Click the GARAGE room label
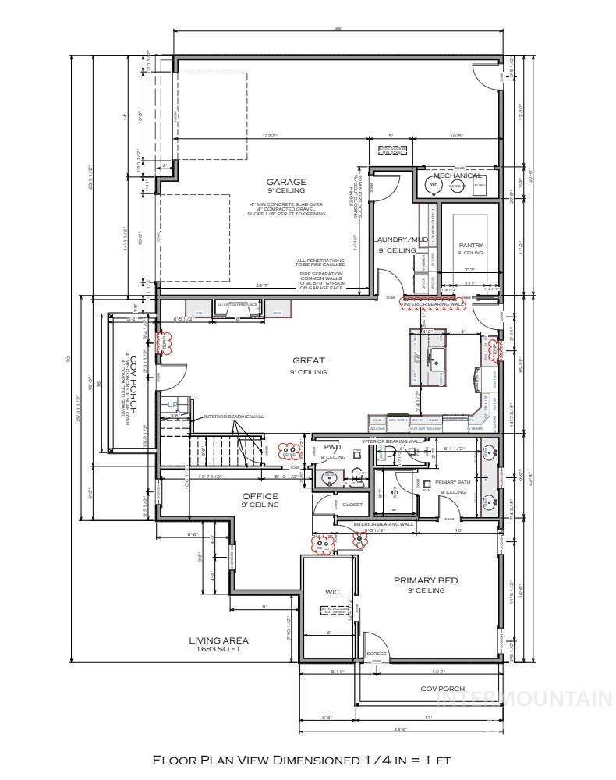pyautogui.click(x=286, y=182)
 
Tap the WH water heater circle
pyautogui.click(x=434, y=185)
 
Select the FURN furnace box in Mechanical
pyautogui.click(x=479, y=186)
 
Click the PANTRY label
pyautogui.click(x=470, y=246)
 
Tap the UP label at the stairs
pyautogui.click(x=172, y=405)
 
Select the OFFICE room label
pyautogui.click(x=260, y=496)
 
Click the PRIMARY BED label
pyautogui.click(x=425, y=580)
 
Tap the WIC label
pyautogui.click(x=332, y=592)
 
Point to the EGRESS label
pyautogui.click(x=377, y=654)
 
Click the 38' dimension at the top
pyautogui.click(x=337, y=29)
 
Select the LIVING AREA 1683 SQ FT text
pyautogui.click(x=218, y=644)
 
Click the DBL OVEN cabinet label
pyautogui.click(x=398, y=420)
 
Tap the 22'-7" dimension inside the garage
pyautogui.click(x=271, y=137)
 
